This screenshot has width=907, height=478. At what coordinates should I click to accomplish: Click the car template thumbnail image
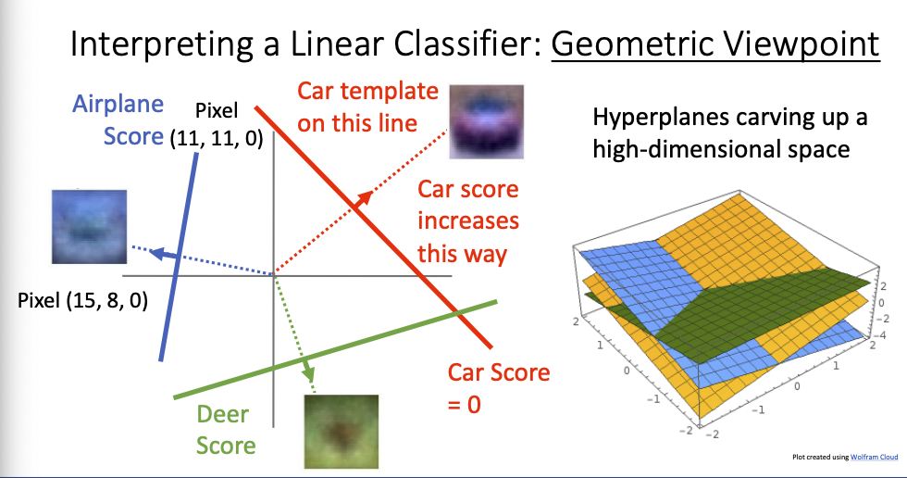tap(487, 121)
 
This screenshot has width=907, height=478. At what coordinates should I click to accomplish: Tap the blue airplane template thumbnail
tap(89, 227)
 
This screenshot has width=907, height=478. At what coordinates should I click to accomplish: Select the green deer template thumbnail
tap(342, 432)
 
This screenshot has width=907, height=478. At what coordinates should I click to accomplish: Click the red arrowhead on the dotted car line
tap(364, 199)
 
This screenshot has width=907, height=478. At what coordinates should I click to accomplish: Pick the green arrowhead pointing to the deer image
tap(307, 371)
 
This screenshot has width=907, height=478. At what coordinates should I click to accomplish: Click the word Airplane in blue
tap(118, 104)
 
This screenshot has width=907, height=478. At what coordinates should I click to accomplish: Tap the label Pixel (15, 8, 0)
tap(82, 300)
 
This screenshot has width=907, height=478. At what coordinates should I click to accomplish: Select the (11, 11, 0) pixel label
tap(217, 138)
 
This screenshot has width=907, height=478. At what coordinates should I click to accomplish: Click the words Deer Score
tap(226, 430)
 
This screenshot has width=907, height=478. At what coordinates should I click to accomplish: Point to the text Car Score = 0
tap(499, 388)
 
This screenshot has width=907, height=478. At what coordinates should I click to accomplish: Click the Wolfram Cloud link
tap(874, 458)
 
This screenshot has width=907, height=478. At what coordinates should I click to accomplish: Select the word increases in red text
tap(468, 221)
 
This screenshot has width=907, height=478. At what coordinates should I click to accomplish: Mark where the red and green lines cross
tap(457, 313)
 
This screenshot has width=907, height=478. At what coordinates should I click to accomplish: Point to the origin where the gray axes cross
tap(274, 276)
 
